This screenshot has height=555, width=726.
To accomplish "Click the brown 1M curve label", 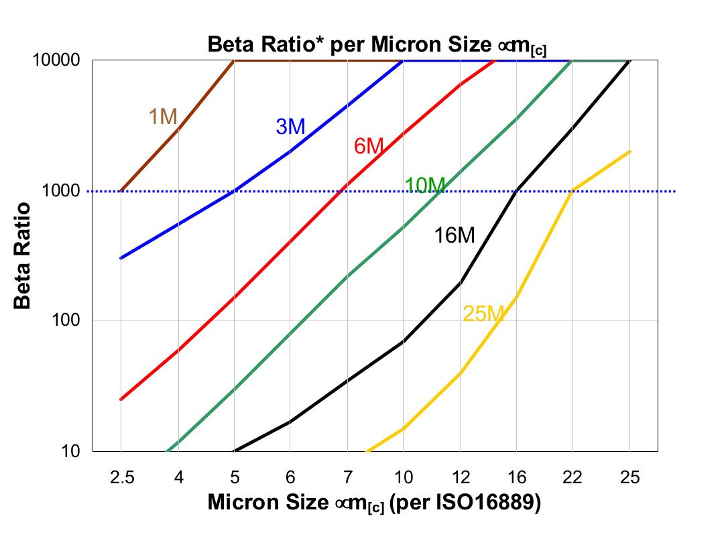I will coord(162,117).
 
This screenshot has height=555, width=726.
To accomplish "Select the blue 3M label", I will coord(290,126).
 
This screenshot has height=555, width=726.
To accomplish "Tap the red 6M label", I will coord(368,145).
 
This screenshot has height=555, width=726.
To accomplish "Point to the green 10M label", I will coord(425,186).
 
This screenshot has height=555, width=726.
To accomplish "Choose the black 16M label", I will coord(455,235).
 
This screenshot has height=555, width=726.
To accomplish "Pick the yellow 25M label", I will coord(483,313).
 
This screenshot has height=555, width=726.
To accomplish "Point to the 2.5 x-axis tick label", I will coord(121,478).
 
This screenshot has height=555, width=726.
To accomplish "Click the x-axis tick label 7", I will coord(347,478).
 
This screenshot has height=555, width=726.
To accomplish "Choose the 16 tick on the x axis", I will coord(516,478).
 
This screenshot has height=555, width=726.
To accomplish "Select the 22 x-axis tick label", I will coord(572,478).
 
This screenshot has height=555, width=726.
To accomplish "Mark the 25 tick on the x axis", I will coord(629,478).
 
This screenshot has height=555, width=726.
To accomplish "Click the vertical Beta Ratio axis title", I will coord(23,255).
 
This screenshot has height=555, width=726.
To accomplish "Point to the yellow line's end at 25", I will coord(629,151).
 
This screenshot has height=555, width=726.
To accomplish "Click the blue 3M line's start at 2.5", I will coord(121,257).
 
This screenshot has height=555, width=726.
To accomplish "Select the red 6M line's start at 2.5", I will coord(121,399).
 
